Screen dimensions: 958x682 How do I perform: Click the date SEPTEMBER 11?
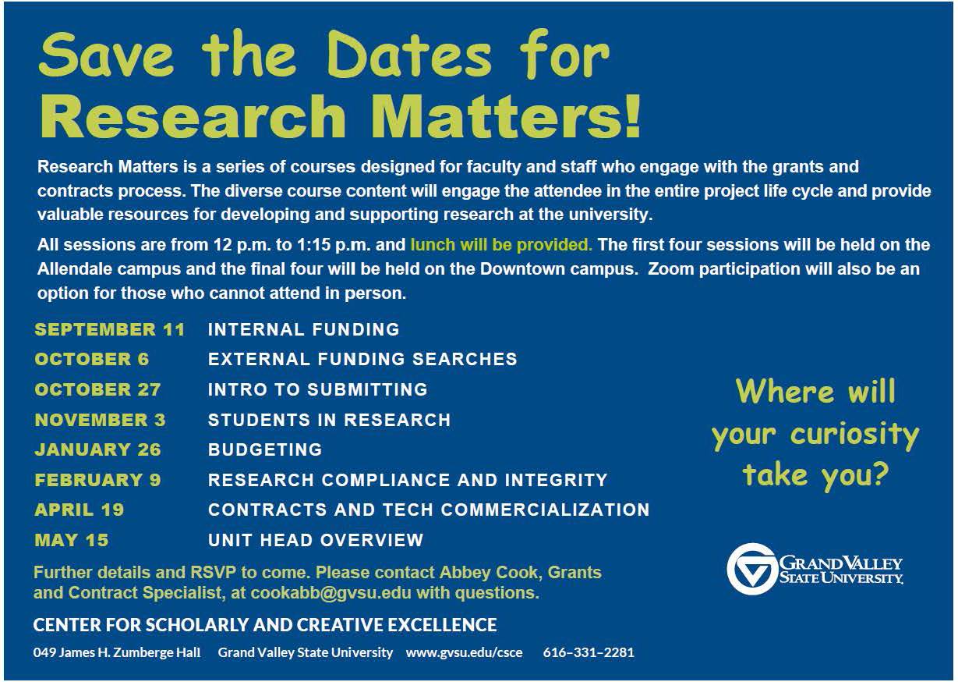click(x=109, y=329)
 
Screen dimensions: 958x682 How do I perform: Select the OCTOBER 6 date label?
click(x=91, y=359)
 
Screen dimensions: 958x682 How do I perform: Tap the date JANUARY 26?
click(x=98, y=449)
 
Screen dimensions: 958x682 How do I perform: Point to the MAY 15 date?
click(x=72, y=540)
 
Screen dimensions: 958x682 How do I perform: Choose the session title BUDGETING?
click(x=265, y=449)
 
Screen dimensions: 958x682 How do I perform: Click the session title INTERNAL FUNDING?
click(x=304, y=329)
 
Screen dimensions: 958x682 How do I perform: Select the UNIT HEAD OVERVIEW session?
click(x=316, y=540)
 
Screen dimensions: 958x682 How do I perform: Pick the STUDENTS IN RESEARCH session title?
click(x=329, y=420)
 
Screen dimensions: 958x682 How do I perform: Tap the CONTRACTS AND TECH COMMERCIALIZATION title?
click(x=429, y=510)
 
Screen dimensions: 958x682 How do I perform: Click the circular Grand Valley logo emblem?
click(x=751, y=569)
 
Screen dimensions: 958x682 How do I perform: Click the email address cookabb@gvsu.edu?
click(x=331, y=593)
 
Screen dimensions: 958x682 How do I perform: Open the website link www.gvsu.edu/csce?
click(x=464, y=652)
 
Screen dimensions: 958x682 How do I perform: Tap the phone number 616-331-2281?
click(x=589, y=652)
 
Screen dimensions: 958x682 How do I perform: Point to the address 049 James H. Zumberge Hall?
click(x=117, y=652)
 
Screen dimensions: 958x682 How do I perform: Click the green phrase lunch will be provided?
click(x=501, y=245)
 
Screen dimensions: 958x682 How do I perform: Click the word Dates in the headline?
click(x=411, y=55)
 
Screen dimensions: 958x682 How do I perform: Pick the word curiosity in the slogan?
click(x=854, y=435)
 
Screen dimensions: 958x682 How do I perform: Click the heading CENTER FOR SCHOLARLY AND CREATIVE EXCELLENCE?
click(x=265, y=625)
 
